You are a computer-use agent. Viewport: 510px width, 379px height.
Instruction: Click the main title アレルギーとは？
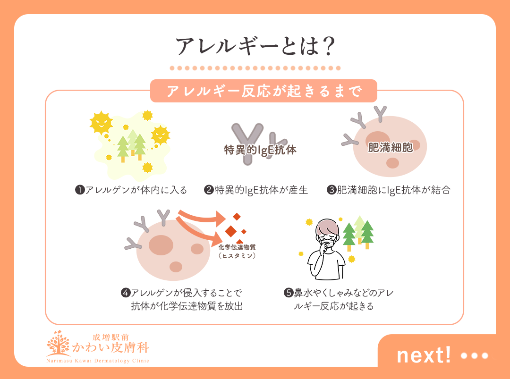(x=255, y=47)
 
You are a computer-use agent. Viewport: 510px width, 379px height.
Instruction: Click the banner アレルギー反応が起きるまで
(x=263, y=91)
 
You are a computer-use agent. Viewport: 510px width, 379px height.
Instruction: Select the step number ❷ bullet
(x=208, y=190)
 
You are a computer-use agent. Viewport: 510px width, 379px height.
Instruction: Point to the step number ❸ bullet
(x=331, y=190)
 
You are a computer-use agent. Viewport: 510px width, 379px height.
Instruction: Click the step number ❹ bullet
(x=126, y=293)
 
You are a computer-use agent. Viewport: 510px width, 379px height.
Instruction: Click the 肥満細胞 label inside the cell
(x=390, y=148)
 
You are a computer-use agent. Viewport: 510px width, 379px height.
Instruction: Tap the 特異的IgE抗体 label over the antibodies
(x=260, y=150)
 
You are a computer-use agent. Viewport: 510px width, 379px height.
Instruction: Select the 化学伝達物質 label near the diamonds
(x=237, y=247)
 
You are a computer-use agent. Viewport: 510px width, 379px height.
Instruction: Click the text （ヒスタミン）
(x=237, y=256)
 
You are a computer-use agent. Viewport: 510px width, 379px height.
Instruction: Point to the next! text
(x=424, y=355)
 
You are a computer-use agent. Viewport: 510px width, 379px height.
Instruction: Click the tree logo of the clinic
(x=58, y=344)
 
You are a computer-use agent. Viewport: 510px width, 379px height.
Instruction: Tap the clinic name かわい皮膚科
(x=110, y=348)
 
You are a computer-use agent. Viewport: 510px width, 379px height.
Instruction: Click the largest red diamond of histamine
(x=230, y=231)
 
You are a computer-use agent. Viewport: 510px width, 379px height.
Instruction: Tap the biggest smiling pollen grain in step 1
(x=102, y=124)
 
